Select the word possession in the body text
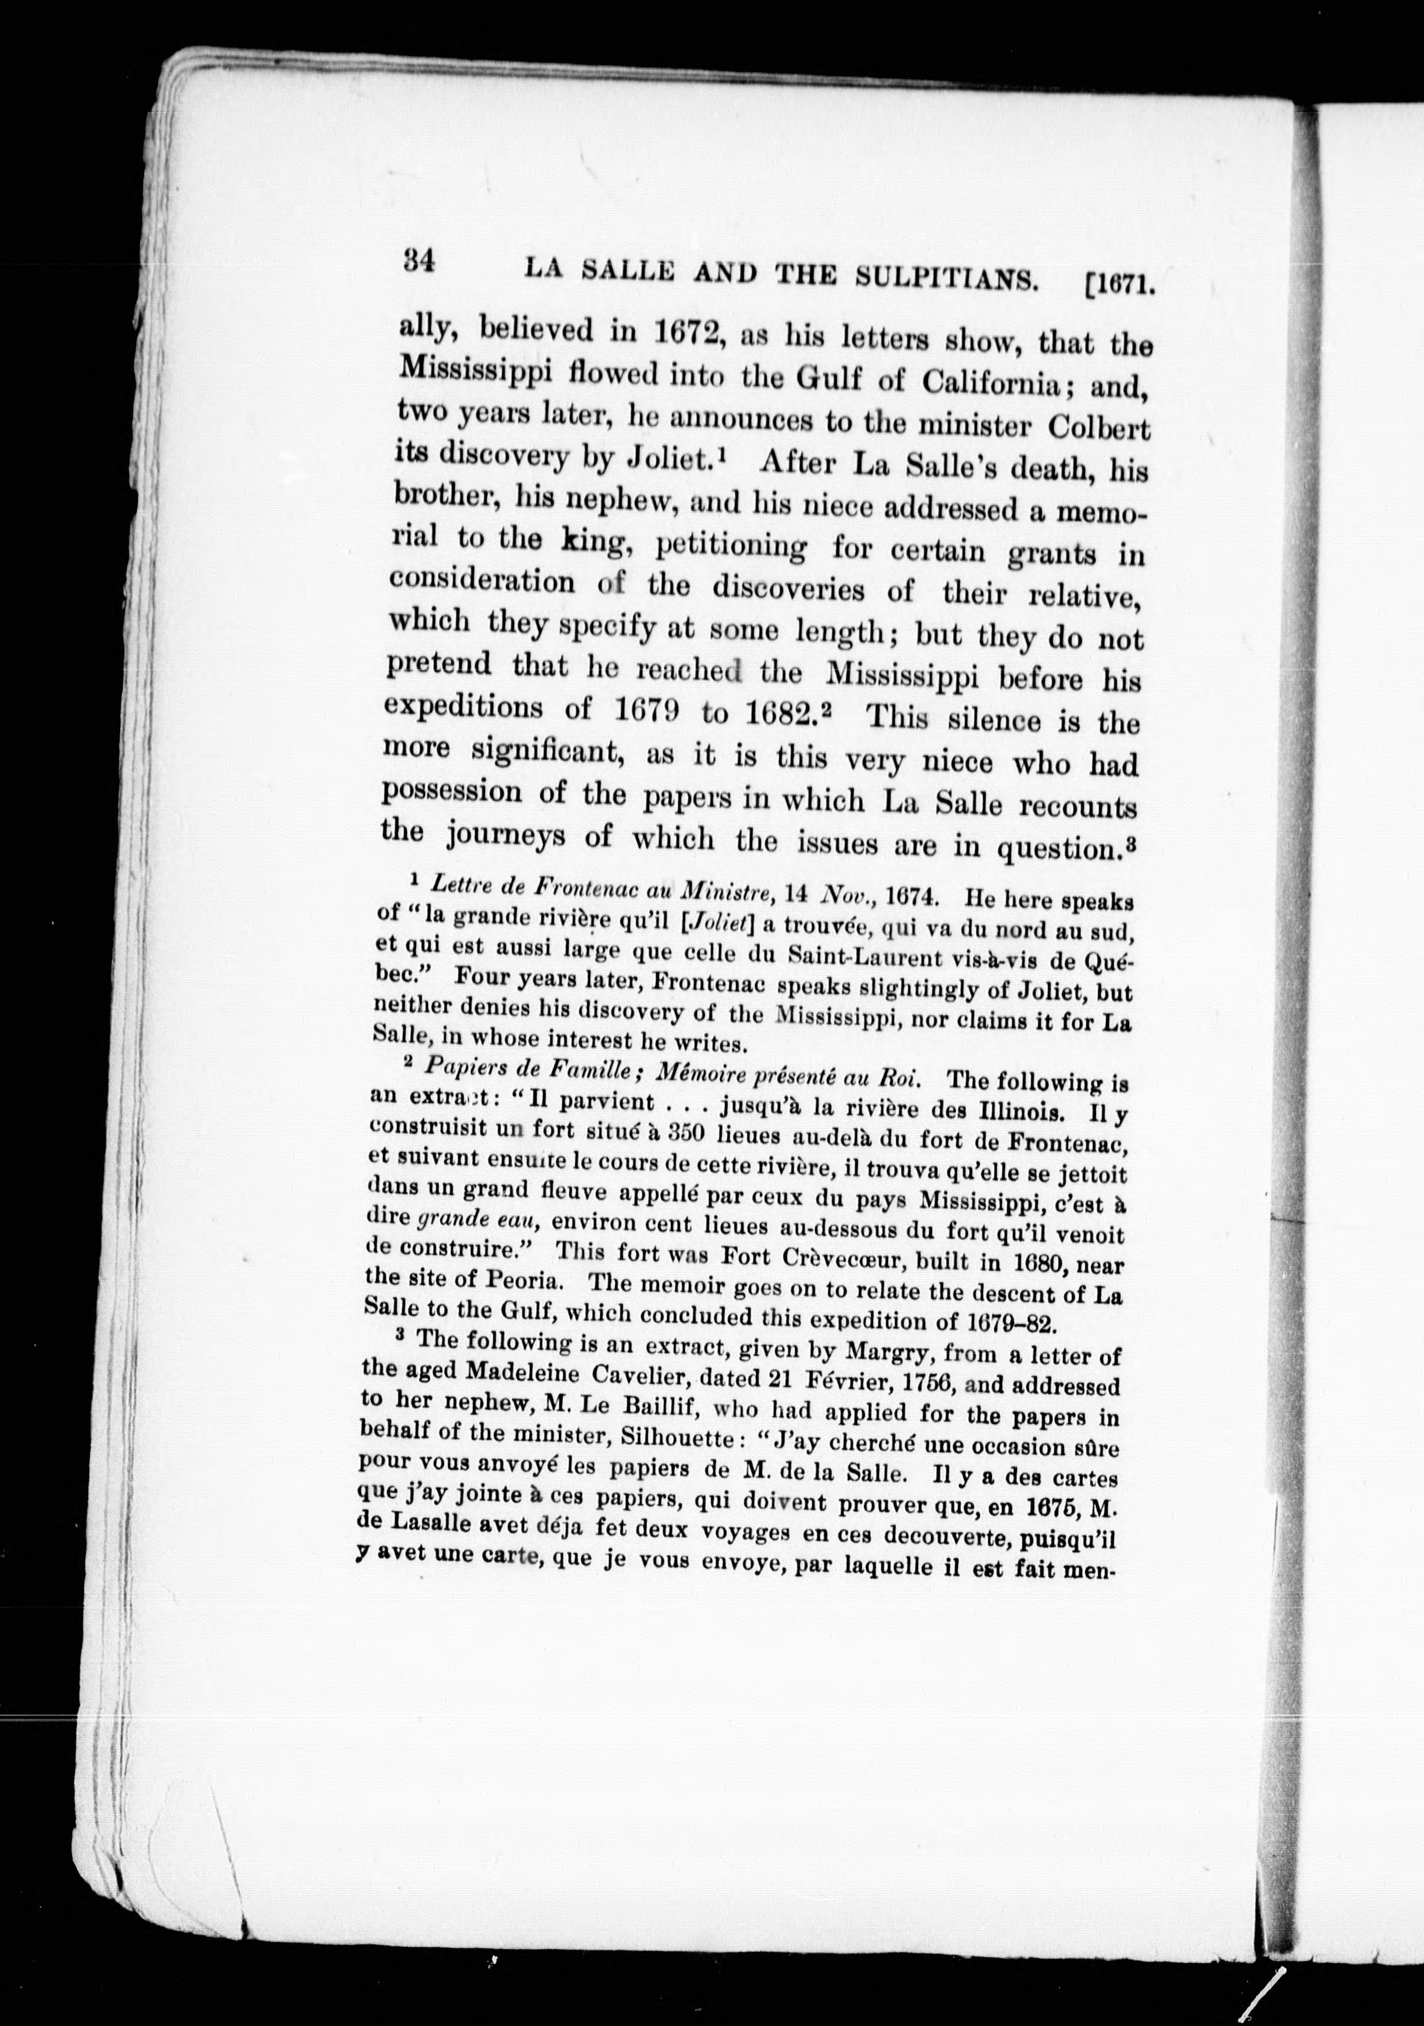pos(452,791)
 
